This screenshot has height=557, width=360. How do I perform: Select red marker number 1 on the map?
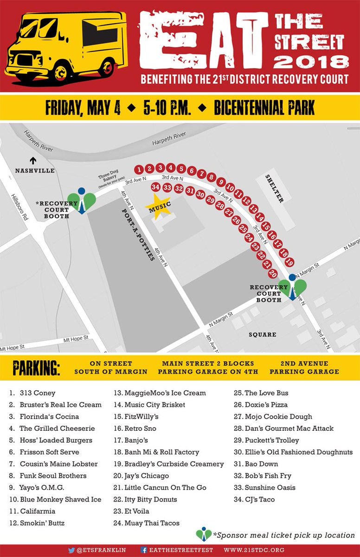(139, 168)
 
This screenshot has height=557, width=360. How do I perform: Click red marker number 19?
(290, 263)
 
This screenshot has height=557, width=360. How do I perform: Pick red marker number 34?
(156, 187)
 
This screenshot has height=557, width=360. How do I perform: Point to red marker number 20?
(273, 274)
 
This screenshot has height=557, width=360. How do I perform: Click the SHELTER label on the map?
(275, 188)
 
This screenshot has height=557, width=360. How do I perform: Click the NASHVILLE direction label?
(35, 170)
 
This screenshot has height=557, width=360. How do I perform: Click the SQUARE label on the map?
(262, 335)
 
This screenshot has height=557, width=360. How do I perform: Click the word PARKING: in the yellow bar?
(36, 367)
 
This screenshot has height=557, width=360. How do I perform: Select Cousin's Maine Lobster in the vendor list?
(58, 464)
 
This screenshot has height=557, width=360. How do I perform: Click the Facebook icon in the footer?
(144, 551)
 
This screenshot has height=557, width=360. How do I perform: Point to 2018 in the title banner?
(311, 61)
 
